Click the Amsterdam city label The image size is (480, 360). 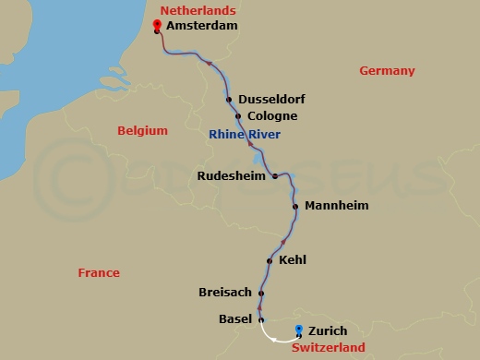(x=201, y=26)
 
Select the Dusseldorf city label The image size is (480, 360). (x=271, y=99)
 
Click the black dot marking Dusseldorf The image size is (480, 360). (x=230, y=100)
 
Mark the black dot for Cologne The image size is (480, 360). (x=238, y=116)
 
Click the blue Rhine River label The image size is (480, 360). (x=245, y=135)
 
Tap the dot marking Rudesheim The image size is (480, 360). (x=275, y=175)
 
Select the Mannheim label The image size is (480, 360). (x=336, y=205)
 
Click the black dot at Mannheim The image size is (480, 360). (x=295, y=206)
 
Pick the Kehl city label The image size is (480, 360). (x=292, y=260)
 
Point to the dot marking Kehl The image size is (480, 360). (x=270, y=261)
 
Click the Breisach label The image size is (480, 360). (x=225, y=293)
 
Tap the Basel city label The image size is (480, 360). (x=234, y=319)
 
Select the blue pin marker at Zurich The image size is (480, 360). (x=298, y=330)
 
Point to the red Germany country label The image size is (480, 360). (x=387, y=71)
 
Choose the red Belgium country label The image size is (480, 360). (x=142, y=131)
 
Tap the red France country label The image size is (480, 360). (x=99, y=273)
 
